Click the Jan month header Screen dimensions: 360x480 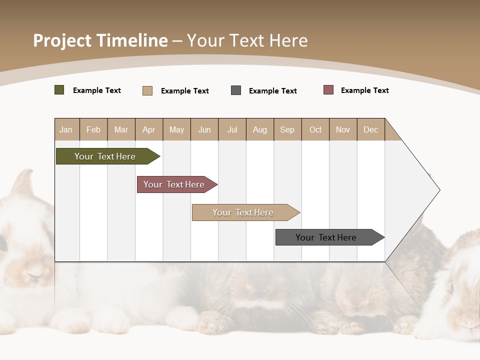pos(66,129)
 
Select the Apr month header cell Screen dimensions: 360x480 pos(148,129)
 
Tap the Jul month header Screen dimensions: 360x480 pos(232,129)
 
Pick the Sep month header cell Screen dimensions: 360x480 pos(287,129)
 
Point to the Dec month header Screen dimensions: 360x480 pos(370,129)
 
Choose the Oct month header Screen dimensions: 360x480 pos(315,129)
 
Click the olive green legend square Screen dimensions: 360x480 pos(59,90)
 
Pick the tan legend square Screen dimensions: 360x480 pos(147,90)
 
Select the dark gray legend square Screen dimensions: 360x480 pos(235,90)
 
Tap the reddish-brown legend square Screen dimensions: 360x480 pos(328,90)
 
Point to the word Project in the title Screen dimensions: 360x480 pos(61,40)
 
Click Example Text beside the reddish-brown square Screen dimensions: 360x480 pos(364,90)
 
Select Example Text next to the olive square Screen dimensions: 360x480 pos(96,90)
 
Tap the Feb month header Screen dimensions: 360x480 pos(93,129)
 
